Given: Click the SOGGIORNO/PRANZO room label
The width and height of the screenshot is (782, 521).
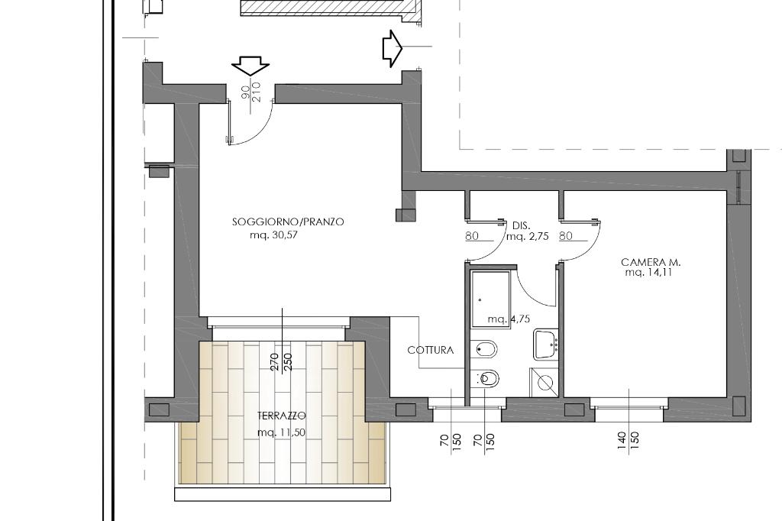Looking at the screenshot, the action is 288,222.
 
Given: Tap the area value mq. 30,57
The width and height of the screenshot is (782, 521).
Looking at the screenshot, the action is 273,235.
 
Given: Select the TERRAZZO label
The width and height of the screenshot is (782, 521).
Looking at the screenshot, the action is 281,416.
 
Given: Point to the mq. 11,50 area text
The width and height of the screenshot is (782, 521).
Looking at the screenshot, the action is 281,432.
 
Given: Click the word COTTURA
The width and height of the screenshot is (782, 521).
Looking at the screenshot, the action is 431,351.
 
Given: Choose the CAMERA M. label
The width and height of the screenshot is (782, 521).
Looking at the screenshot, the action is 651,262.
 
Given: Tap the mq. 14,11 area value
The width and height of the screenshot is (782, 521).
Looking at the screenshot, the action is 648,273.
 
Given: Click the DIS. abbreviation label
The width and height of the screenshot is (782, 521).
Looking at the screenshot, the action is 521,226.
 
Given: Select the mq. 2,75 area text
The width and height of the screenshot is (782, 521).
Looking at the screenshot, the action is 527,236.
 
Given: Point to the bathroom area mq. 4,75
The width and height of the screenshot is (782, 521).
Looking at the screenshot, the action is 509,319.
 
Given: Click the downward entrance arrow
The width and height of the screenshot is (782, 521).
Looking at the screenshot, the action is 250,66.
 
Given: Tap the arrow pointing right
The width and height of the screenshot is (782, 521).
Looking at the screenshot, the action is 392,48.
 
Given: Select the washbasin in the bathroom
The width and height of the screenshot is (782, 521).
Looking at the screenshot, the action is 545,344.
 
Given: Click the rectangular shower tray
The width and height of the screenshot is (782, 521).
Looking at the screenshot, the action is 490,299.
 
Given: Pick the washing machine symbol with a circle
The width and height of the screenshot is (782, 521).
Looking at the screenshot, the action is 544,383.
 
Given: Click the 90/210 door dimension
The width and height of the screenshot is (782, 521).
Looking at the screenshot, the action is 251,92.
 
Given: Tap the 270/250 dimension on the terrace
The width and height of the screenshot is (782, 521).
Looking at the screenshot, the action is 281,361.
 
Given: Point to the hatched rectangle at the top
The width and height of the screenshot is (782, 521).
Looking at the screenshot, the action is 329,8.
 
